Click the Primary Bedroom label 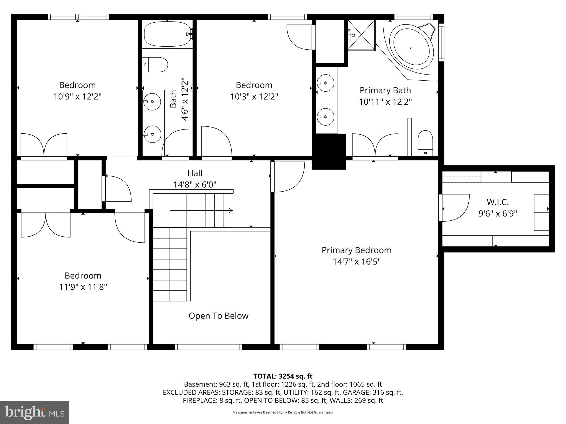356,250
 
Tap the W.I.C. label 497,202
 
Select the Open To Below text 218,316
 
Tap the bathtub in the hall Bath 167,34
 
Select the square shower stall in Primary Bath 361,35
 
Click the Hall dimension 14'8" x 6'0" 195,184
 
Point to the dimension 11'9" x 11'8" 83,287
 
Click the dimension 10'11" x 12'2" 385,102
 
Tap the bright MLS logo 35,412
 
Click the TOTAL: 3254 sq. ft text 283,376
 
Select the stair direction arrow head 231,211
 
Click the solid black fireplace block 329,151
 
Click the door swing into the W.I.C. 455,208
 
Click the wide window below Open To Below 208,347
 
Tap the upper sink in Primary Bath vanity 325,83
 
